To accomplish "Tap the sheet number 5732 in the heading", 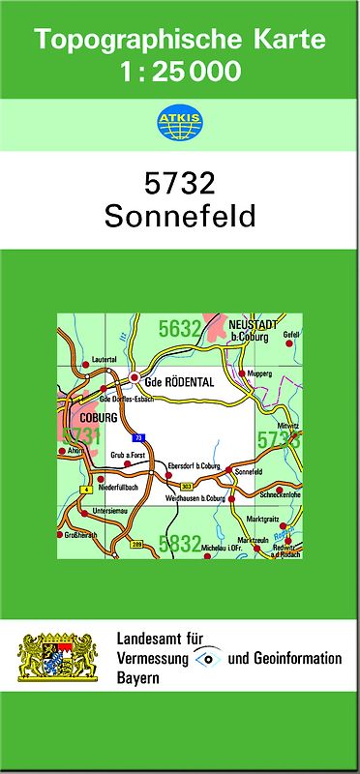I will pos(180,185).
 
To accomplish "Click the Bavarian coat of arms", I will pos(59,658).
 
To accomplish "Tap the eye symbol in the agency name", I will pos(208,658).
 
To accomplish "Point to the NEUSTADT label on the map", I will pos(256,324).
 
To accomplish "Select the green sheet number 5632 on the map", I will pos(180,329).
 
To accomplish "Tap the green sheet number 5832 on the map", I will pos(179,544).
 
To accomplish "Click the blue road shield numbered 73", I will pos(139,437).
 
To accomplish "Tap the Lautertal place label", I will pos(104,360).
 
